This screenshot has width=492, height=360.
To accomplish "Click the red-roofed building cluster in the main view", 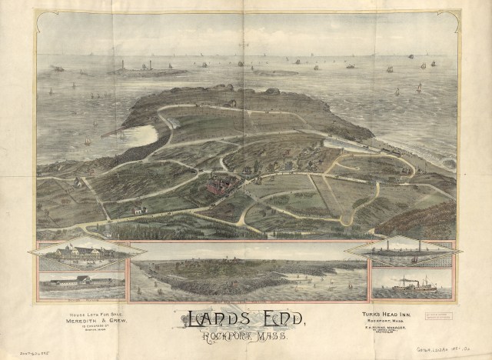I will tap(218, 185).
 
